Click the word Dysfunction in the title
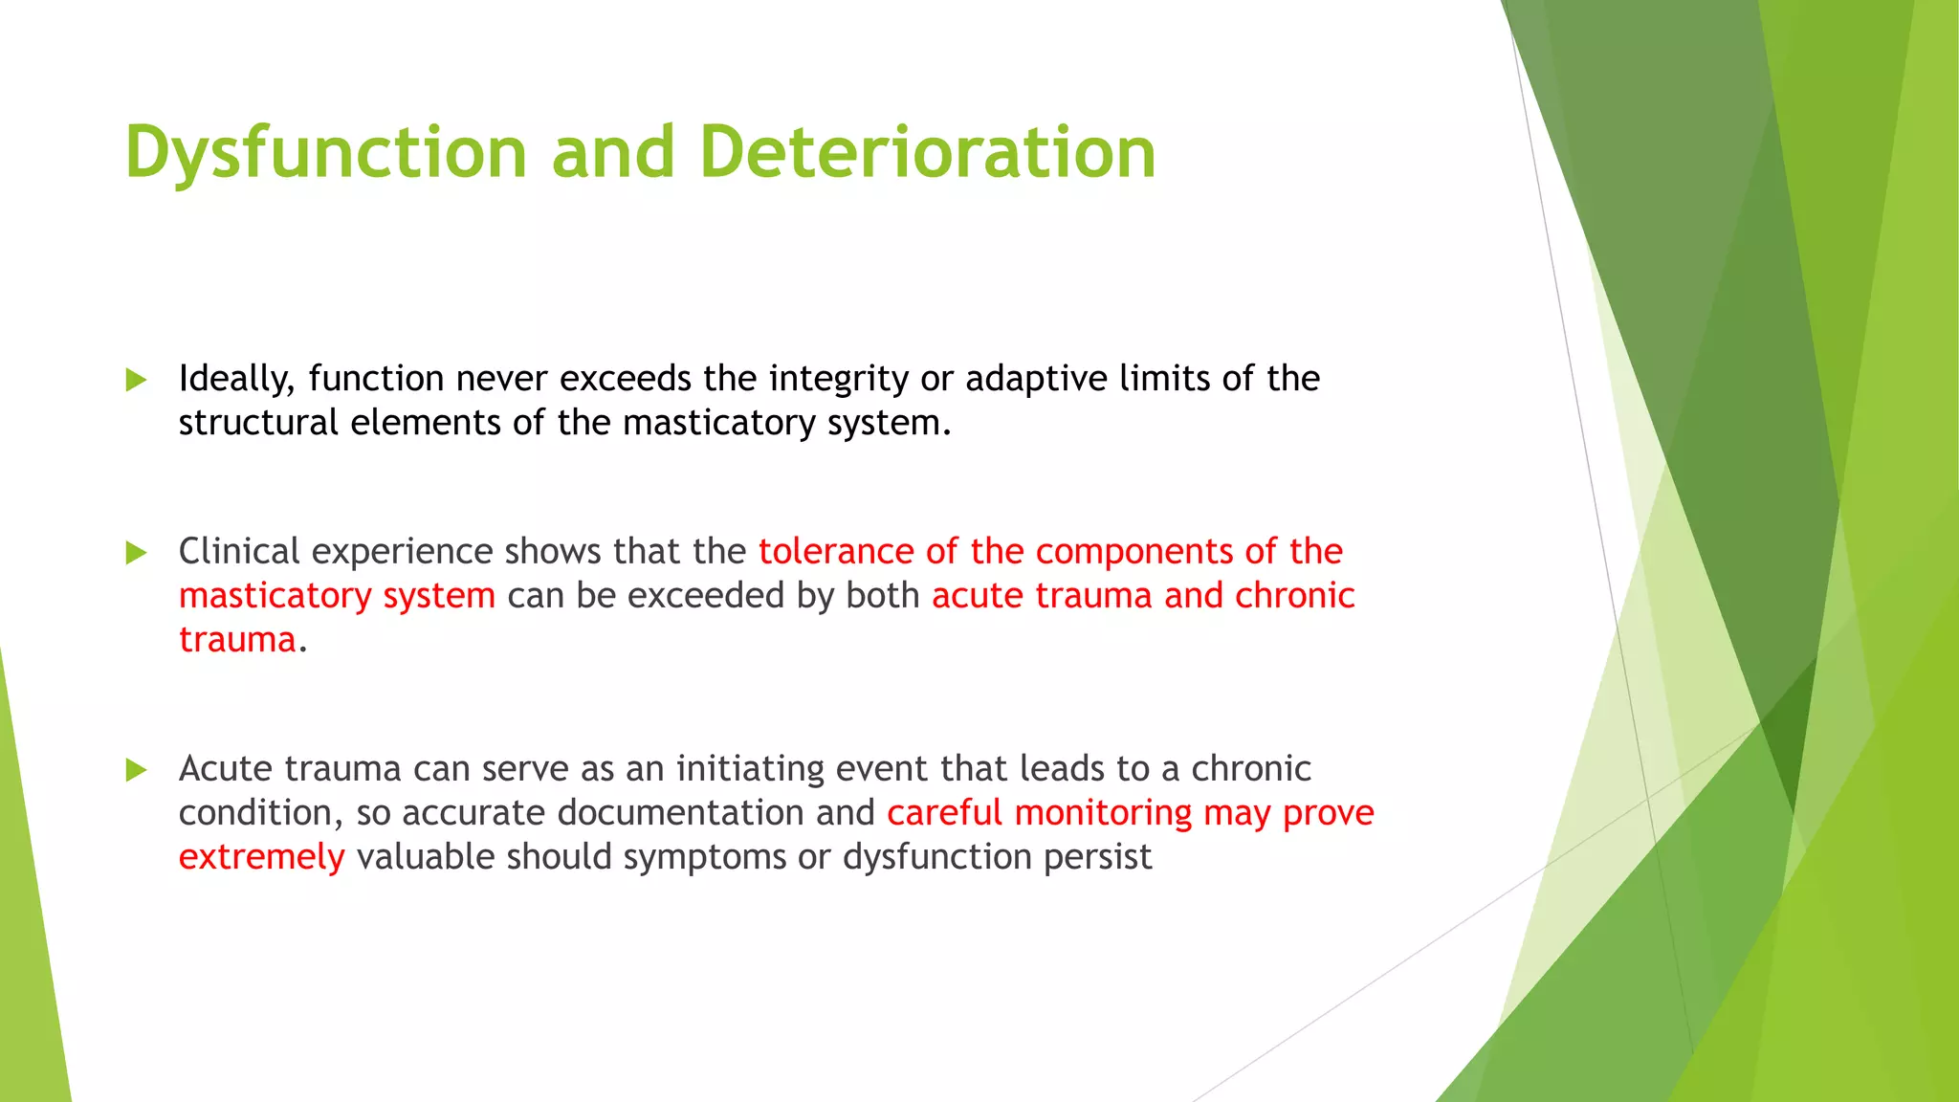pyautogui.click(x=325, y=153)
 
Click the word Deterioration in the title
pyautogui.click(x=927, y=153)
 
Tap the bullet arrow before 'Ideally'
pyautogui.click(x=136, y=380)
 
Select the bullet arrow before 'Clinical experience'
pyautogui.click(x=136, y=552)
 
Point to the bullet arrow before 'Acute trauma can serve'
pyautogui.click(x=136, y=769)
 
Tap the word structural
pyautogui.click(x=257, y=424)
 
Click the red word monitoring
pyautogui.click(x=1103, y=813)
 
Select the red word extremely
pyautogui.click(x=261, y=857)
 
